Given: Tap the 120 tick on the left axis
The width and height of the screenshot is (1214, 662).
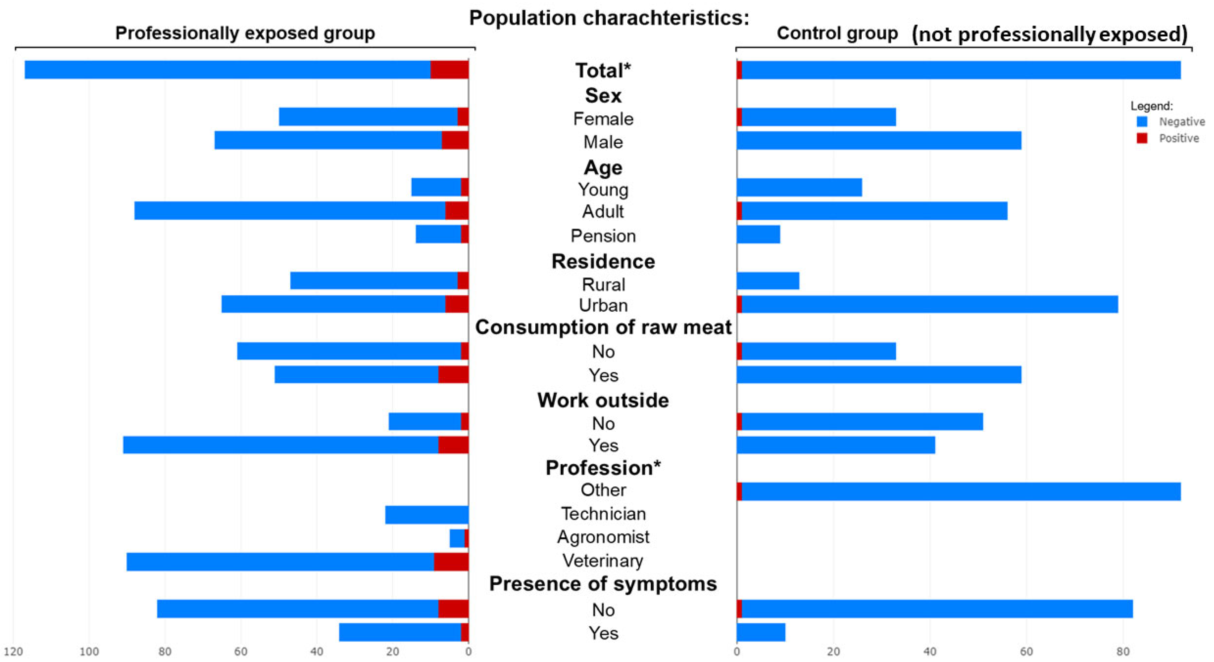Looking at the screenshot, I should point(13,651).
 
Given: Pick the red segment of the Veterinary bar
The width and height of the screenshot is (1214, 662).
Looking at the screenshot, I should point(451,562).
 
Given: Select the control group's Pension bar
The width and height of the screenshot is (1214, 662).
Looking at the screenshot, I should point(758,234).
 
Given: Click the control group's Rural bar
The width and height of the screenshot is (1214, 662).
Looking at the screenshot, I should point(768,281).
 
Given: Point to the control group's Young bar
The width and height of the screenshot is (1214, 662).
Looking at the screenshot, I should point(799,187).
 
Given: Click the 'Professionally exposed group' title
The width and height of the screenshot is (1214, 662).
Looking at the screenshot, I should point(245,33).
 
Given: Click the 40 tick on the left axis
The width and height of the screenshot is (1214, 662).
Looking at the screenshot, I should point(317,651).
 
